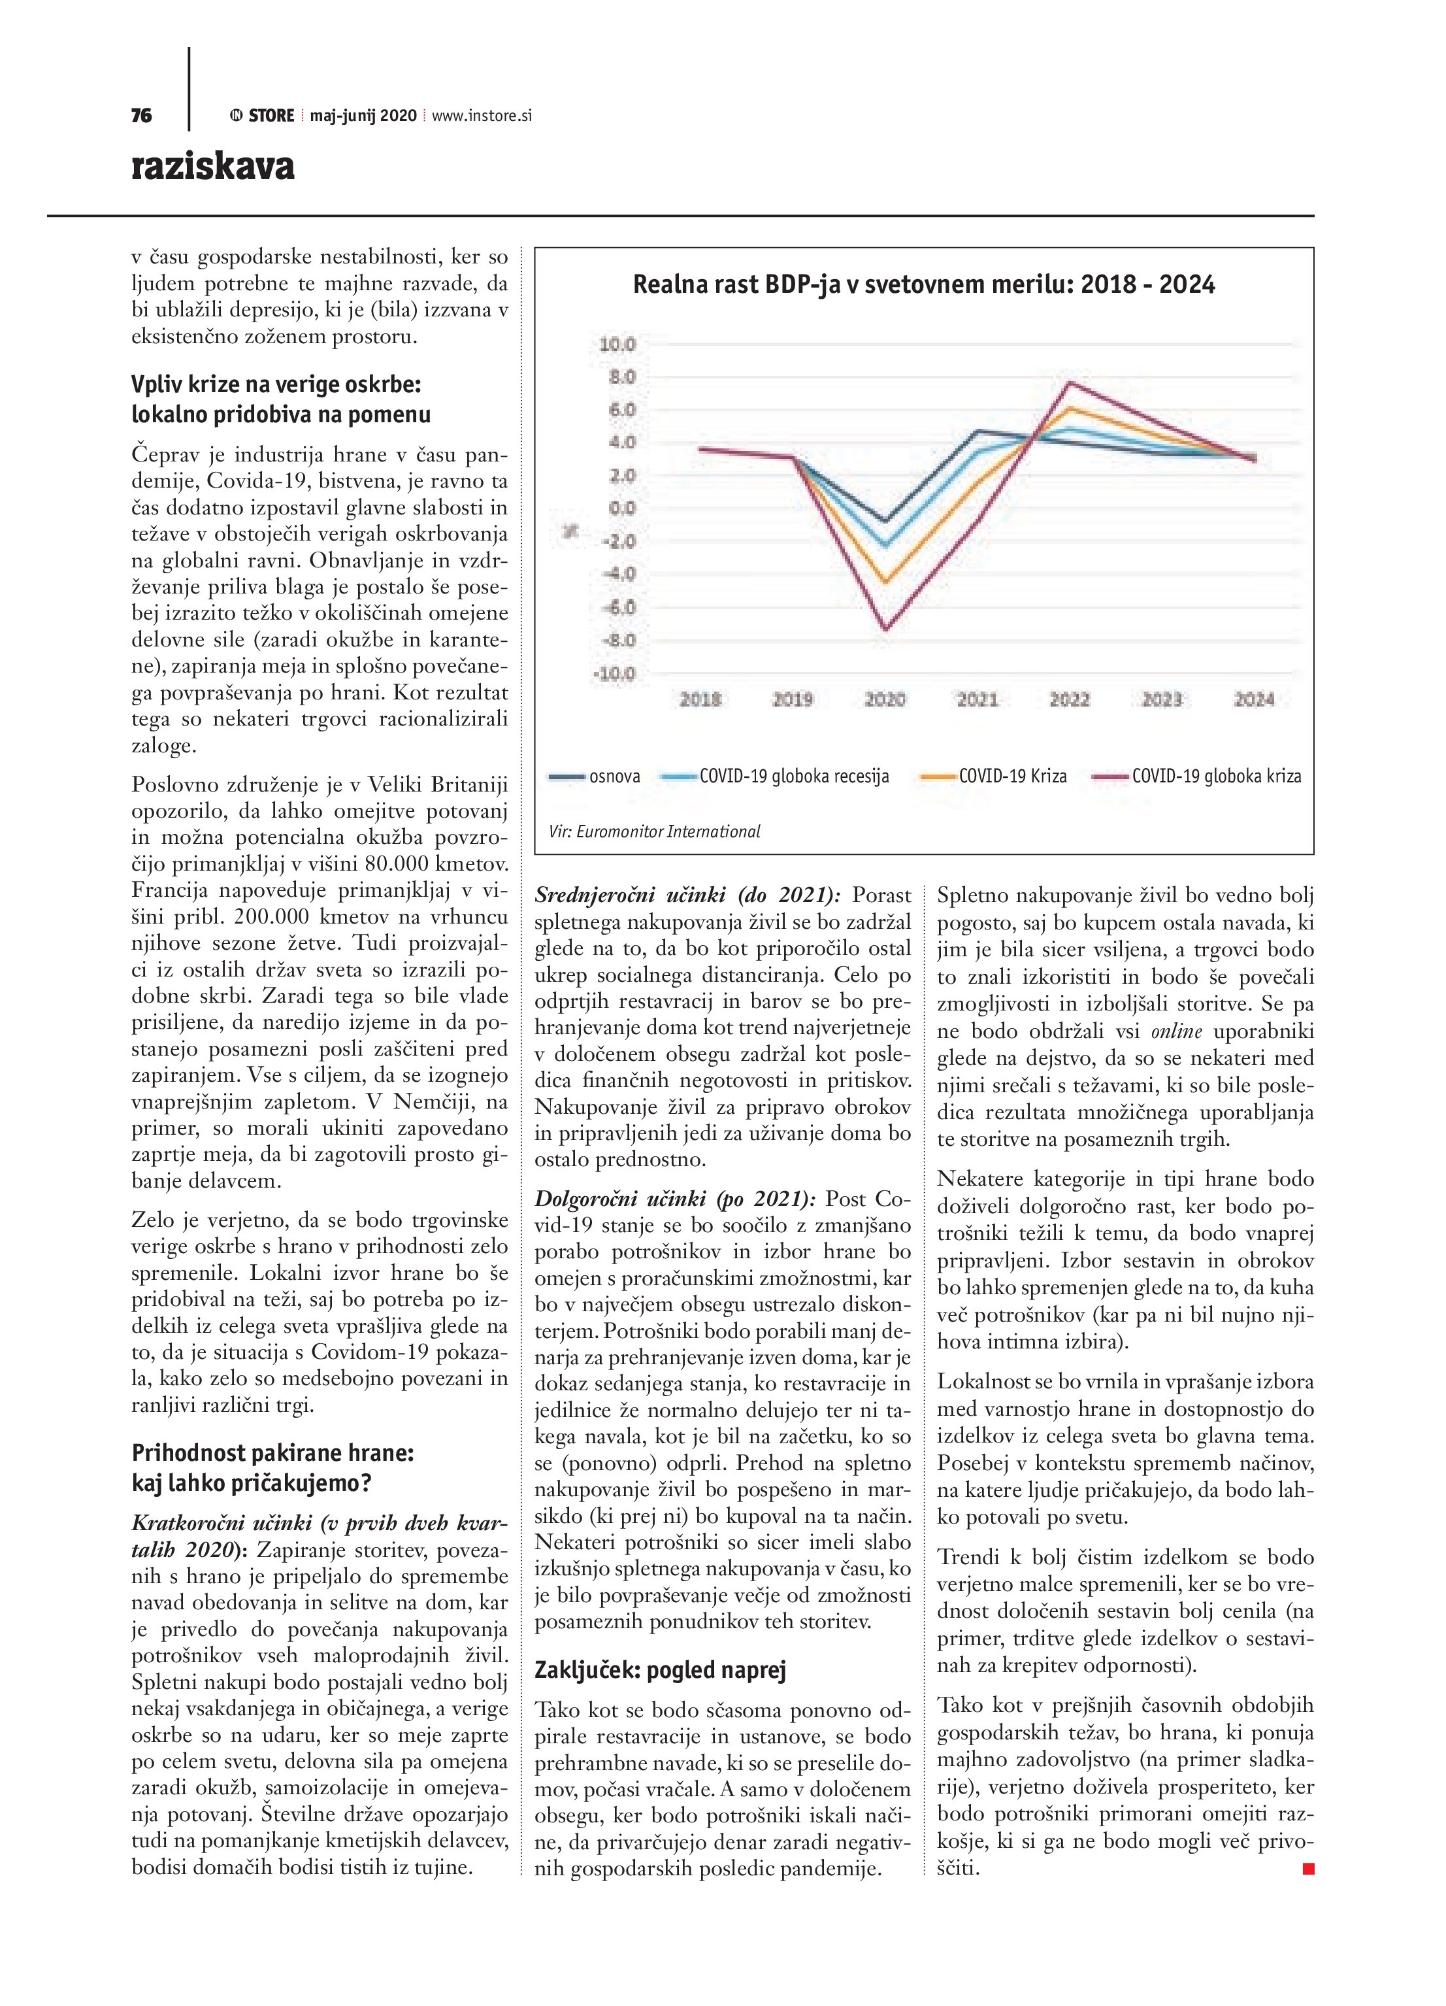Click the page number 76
pyautogui.click(x=142, y=116)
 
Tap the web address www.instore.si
pyautogui.click(x=482, y=116)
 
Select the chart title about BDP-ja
pyautogui.click(x=923, y=285)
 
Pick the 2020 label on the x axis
pyautogui.click(x=885, y=699)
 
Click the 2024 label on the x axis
pyautogui.click(x=1253, y=699)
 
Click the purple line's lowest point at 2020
pyautogui.click(x=885, y=629)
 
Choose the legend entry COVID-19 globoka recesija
pyautogui.click(x=793, y=777)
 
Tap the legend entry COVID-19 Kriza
pyautogui.click(x=1013, y=777)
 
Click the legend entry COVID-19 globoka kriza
pyautogui.click(x=1216, y=777)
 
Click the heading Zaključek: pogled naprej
pyautogui.click(x=660, y=1670)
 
